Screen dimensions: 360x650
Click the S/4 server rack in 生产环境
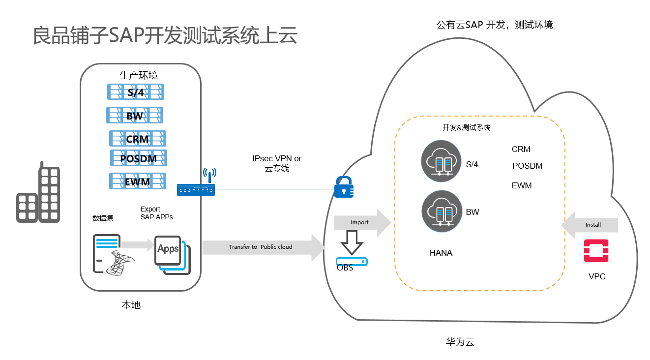(135, 92)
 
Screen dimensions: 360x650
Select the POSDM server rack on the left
(139, 158)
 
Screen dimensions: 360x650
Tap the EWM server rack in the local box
(138, 181)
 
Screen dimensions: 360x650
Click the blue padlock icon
(344, 187)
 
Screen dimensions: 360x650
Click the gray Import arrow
(362, 222)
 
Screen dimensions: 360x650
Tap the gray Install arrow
(590, 225)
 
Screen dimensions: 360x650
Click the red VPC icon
(596, 251)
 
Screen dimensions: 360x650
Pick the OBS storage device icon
(352, 261)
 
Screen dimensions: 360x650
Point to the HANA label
(441, 253)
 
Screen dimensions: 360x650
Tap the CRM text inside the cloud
(521, 150)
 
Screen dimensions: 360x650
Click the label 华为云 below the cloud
(460, 342)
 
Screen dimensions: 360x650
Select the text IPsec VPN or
(277, 159)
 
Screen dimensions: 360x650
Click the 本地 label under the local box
(131, 305)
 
